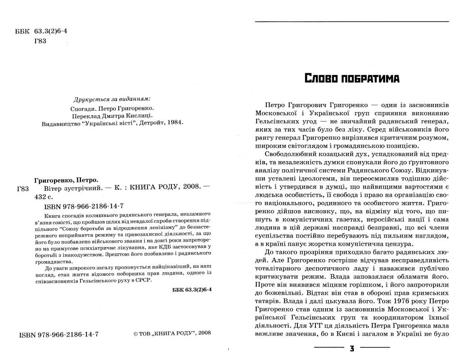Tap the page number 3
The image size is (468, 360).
tap(352, 348)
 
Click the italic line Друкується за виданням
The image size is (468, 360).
tap(112, 99)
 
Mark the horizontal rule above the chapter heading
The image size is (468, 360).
tap(351, 22)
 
